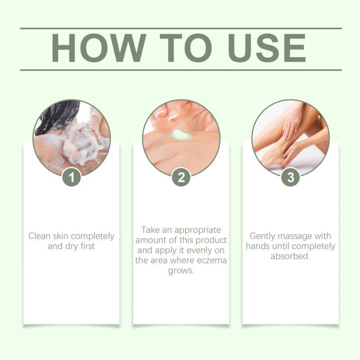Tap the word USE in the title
(x=267, y=48)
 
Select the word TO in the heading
(x=186, y=48)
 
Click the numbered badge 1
(x=72, y=177)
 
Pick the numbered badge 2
(x=181, y=177)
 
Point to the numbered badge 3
(x=291, y=177)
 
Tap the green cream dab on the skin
(x=180, y=135)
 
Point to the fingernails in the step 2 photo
(x=167, y=114)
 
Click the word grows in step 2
(x=181, y=271)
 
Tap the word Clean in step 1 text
(x=39, y=236)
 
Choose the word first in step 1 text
(x=87, y=246)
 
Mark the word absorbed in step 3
(x=290, y=256)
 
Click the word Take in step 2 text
(x=150, y=230)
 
